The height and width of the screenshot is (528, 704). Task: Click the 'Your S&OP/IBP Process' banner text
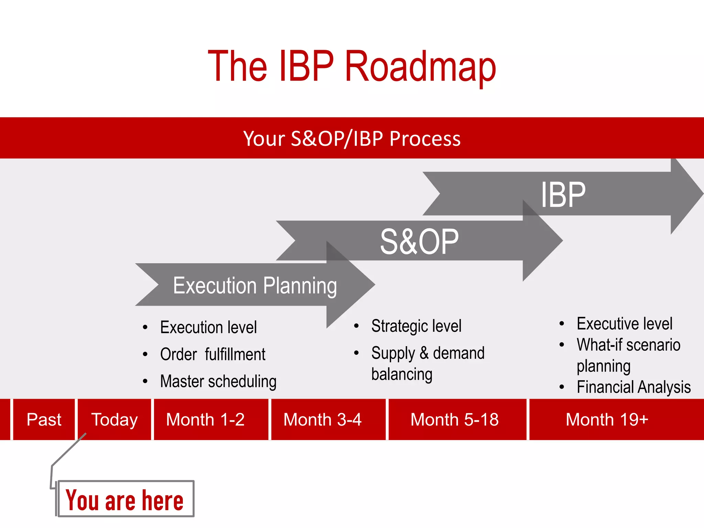coord(352,139)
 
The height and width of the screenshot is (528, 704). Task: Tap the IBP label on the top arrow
coord(563,195)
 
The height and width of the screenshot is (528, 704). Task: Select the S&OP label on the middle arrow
coord(419,242)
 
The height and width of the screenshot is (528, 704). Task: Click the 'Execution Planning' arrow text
coord(255,286)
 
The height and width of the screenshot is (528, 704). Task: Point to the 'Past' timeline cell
coord(44,420)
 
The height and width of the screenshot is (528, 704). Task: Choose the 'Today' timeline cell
coord(114,420)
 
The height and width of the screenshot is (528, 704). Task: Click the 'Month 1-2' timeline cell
coord(205,420)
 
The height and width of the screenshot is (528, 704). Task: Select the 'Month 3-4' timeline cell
coord(322,420)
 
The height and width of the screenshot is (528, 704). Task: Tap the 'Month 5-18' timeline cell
coord(454,420)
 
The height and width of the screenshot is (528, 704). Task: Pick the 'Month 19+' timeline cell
coord(607,420)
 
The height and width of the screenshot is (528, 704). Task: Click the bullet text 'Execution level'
coord(208,327)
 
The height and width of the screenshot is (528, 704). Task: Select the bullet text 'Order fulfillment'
coord(213,354)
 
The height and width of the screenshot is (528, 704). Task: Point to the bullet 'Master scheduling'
coord(218,382)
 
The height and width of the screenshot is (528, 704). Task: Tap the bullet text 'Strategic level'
coord(416,326)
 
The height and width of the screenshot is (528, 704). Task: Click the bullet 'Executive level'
coord(624,324)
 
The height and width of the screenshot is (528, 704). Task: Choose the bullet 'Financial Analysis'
coord(634,387)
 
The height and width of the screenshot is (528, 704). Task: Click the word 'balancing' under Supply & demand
coord(402,374)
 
